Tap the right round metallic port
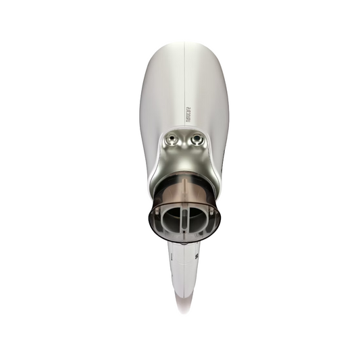(x=197, y=140)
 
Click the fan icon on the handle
(x=196, y=256)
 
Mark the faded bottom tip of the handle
(x=184, y=307)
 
